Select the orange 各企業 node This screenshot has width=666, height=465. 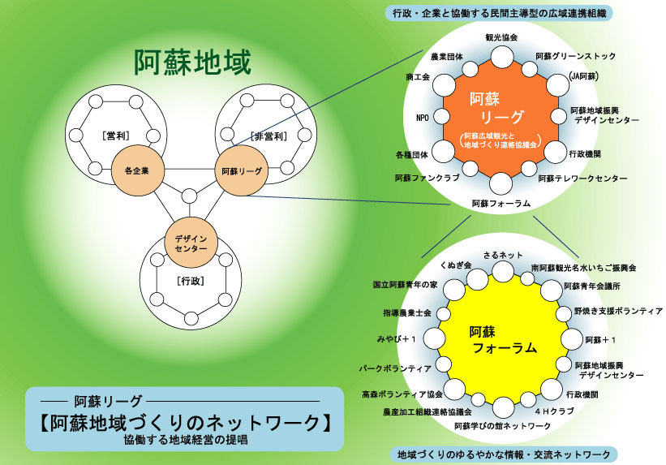click(137, 171)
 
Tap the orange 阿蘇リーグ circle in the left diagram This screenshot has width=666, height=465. click(242, 171)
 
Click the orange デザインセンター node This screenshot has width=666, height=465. click(191, 243)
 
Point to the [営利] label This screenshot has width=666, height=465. click(116, 136)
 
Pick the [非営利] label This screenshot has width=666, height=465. click(269, 136)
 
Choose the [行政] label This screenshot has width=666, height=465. click(191, 281)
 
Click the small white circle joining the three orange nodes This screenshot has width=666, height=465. click(189, 196)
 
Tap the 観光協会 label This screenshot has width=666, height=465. click(501, 37)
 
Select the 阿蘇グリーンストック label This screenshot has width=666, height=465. click(575, 56)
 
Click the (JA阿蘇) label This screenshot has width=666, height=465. click(583, 76)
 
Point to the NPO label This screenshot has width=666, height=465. click(423, 118)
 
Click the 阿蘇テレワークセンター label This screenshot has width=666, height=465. click(582, 179)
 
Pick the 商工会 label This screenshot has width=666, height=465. click(418, 77)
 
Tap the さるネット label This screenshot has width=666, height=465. click(503, 255)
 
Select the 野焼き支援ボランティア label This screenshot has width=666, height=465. click(618, 311)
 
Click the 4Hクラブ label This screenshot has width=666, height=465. click(554, 411)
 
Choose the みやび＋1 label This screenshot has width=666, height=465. click(397, 339)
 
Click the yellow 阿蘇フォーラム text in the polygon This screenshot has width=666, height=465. click(503, 340)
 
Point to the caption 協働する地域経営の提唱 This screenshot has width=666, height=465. click(186, 440)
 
